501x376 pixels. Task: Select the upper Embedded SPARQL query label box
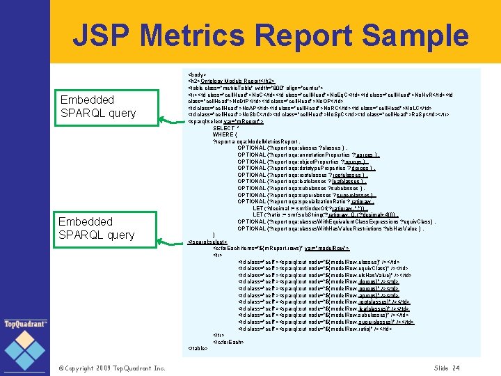(x=98, y=107)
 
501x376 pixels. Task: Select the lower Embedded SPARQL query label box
(x=96, y=228)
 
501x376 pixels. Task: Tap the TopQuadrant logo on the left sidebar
(x=25, y=324)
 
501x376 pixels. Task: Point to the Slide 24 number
(x=447, y=368)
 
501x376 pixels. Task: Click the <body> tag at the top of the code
(x=198, y=73)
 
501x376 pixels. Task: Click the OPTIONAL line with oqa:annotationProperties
(x=308, y=155)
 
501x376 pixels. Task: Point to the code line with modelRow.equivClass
(x=324, y=268)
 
